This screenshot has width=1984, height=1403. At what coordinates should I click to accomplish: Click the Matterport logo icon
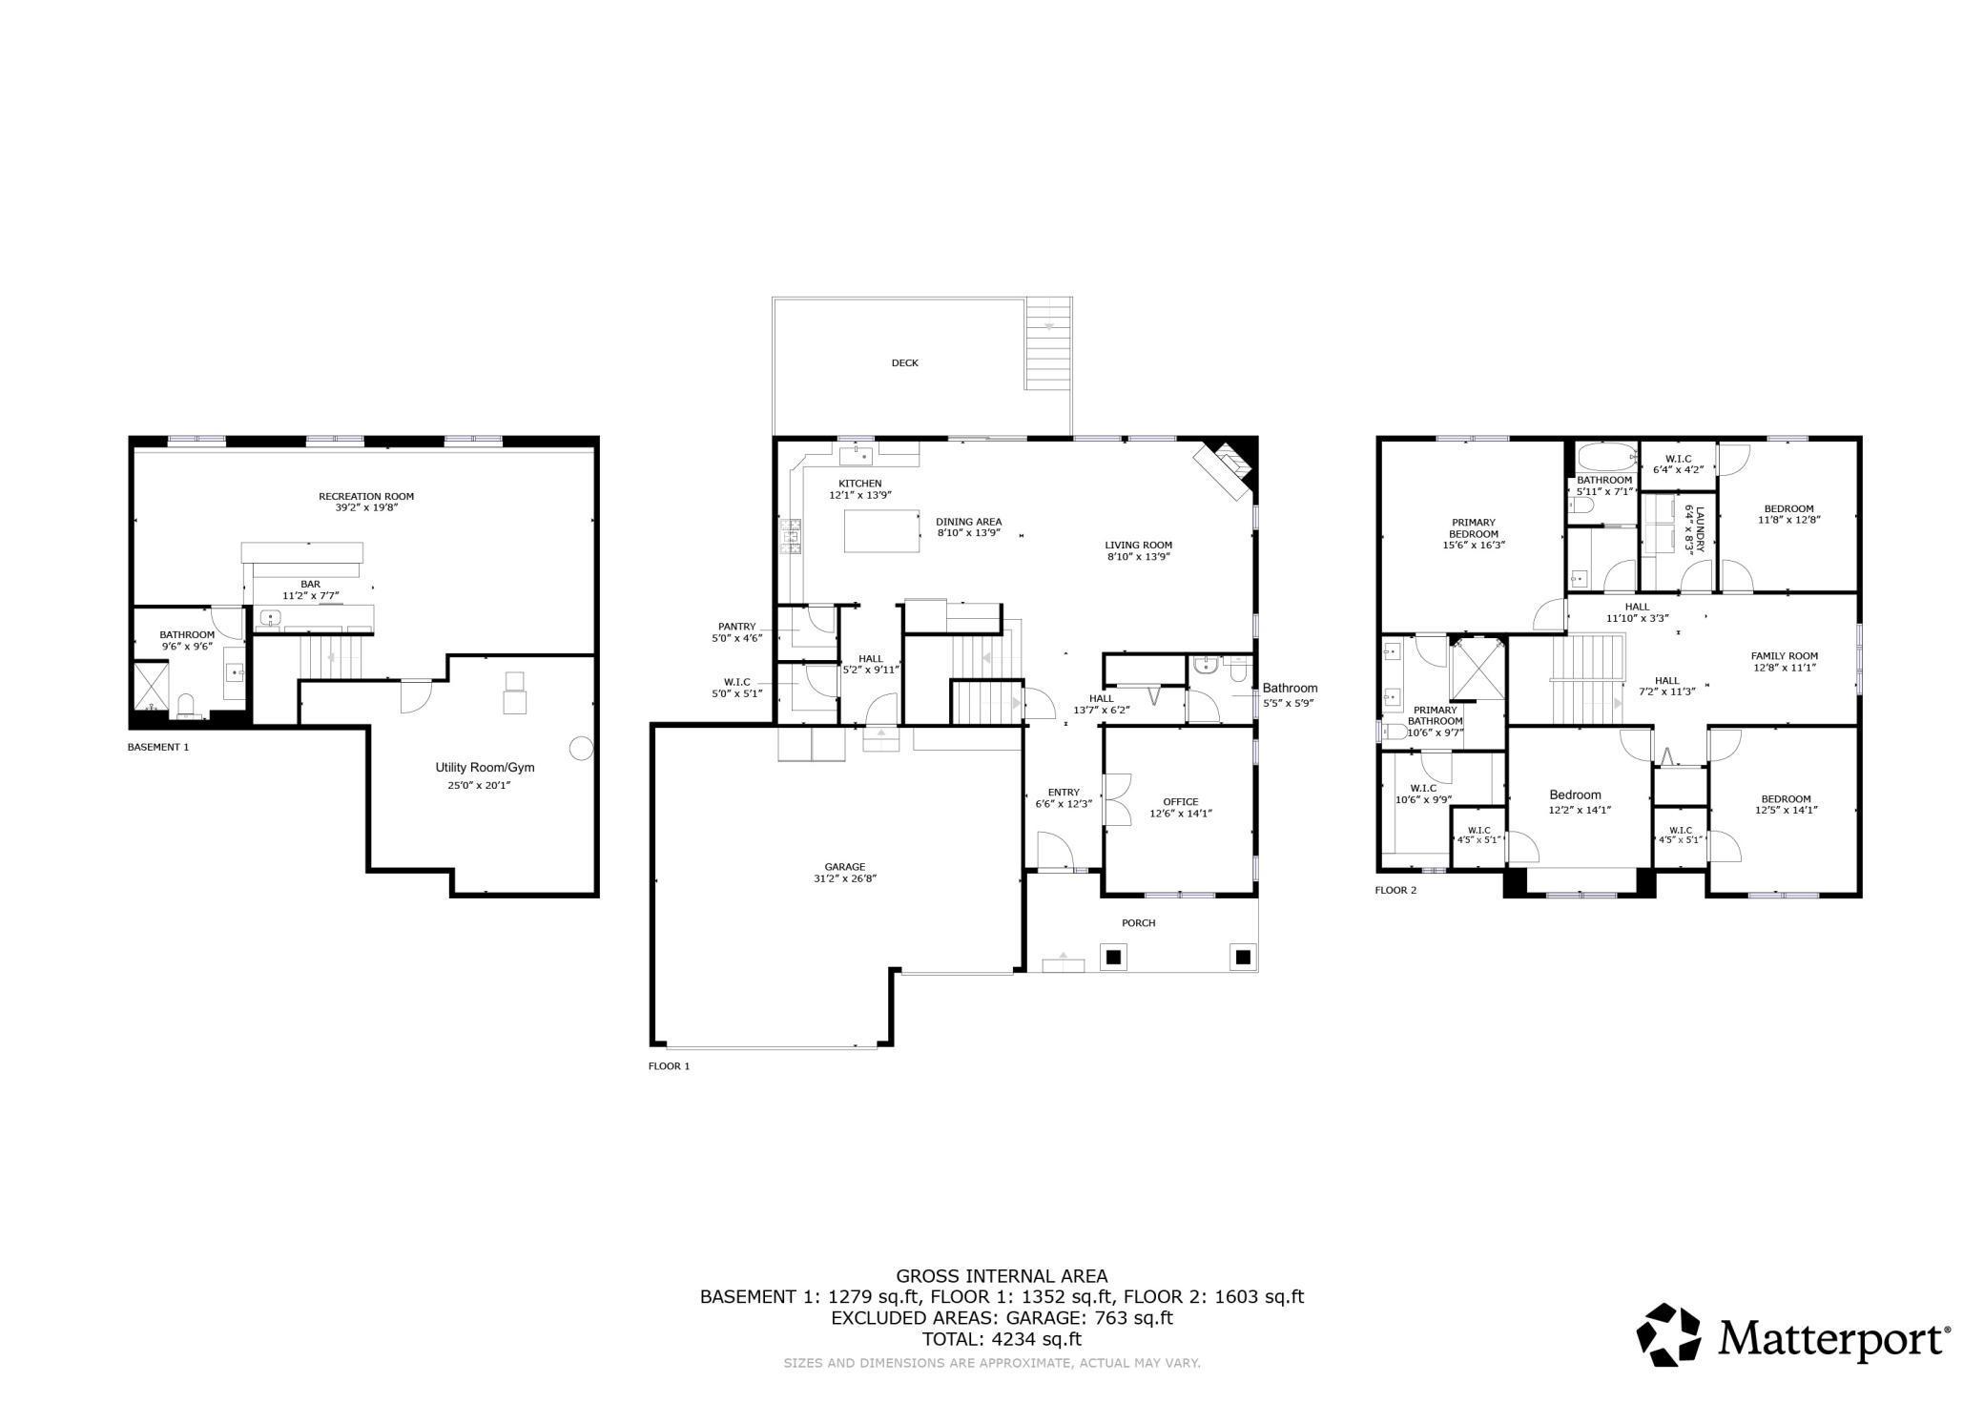point(1669,1334)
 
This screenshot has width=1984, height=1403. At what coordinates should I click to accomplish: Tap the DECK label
point(905,362)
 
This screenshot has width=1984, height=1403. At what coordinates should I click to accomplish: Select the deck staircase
point(1049,343)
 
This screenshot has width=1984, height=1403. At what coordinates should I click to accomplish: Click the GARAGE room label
point(845,867)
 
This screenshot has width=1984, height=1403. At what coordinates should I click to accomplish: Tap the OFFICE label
point(1181,802)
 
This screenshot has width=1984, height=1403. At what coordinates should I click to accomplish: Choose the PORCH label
point(1139,923)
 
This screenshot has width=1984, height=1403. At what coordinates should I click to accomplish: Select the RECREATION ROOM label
point(366,496)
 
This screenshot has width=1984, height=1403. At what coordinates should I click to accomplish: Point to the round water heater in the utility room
point(581,749)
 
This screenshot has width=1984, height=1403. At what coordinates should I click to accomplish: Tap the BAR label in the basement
point(311,584)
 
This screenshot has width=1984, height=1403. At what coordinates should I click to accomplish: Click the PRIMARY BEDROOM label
point(1474,527)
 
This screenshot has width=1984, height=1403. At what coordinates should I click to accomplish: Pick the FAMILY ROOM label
point(1785,656)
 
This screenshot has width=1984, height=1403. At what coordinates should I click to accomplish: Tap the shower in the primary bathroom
point(1477,670)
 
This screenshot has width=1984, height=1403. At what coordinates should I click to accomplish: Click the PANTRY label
point(737,627)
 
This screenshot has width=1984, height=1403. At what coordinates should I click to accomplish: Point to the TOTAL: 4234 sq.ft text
point(1002,1338)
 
